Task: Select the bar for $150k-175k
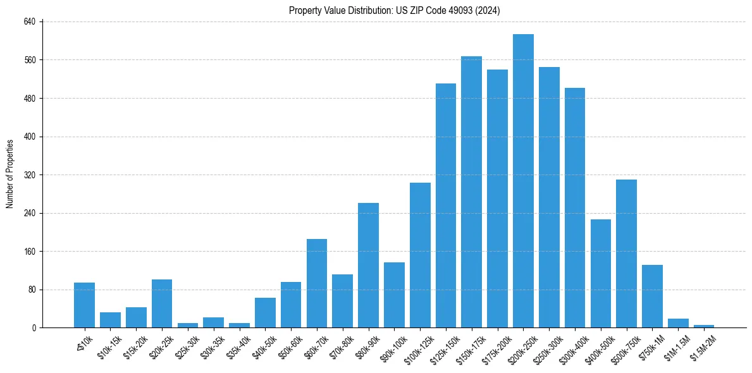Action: click(x=471, y=192)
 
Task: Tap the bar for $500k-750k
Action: click(x=626, y=254)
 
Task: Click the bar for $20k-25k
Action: click(x=162, y=303)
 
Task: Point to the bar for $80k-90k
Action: click(x=368, y=266)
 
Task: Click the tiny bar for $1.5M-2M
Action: click(x=703, y=326)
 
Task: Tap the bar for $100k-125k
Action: click(x=420, y=255)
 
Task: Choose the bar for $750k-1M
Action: click(x=652, y=297)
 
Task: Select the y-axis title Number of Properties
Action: click(x=9, y=174)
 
